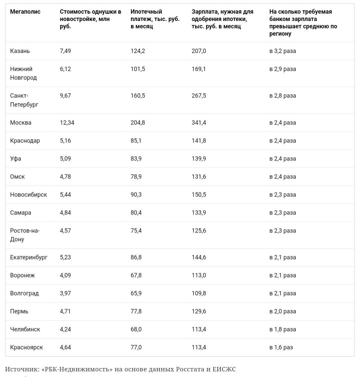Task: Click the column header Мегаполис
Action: pyautogui.click(x=25, y=12)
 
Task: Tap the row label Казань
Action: pyautogui.click(x=20, y=51)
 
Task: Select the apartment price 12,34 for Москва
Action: pyautogui.click(x=67, y=123)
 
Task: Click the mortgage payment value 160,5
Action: pyautogui.click(x=138, y=96)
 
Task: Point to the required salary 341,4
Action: pyautogui.click(x=199, y=123)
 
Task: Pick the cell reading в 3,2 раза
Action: pyautogui.click(x=283, y=51)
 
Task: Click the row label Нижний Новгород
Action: pyautogui.click(x=23, y=73)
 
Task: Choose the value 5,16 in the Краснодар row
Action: pyautogui.click(x=65, y=141)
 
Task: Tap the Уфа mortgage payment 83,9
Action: pyautogui.click(x=136, y=159)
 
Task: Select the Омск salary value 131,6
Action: pyautogui.click(x=199, y=177)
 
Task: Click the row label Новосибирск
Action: pyautogui.click(x=29, y=194)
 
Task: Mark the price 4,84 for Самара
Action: pyautogui.click(x=65, y=212)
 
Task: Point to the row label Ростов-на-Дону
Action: pyautogui.click(x=25, y=235)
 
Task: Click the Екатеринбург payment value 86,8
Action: pyautogui.click(x=136, y=257)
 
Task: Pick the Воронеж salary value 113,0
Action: pyautogui.click(x=199, y=275)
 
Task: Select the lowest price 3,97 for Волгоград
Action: pyautogui.click(x=65, y=293)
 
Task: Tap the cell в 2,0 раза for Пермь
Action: pyautogui.click(x=283, y=311)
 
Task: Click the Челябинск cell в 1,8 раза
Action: pyautogui.click(x=283, y=329)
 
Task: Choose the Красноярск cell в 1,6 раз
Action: pyautogui.click(x=281, y=347)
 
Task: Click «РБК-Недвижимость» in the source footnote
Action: pyautogui.click(x=77, y=369)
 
